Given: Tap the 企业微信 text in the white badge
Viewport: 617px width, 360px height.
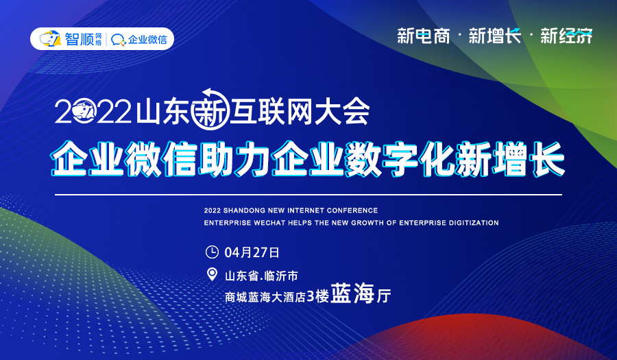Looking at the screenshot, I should click(x=147, y=39).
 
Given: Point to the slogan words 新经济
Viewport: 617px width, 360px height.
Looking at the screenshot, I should click(x=566, y=36).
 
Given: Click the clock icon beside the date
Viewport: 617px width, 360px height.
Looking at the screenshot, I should click(x=213, y=252).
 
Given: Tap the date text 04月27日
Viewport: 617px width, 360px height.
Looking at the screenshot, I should click(x=252, y=252).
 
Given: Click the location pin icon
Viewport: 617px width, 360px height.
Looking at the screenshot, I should click(x=213, y=275).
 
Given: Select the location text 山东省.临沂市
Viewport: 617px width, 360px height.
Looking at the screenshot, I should click(x=261, y=276).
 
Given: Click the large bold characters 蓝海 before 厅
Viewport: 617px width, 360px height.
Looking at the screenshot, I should click(x=352, y=296).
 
